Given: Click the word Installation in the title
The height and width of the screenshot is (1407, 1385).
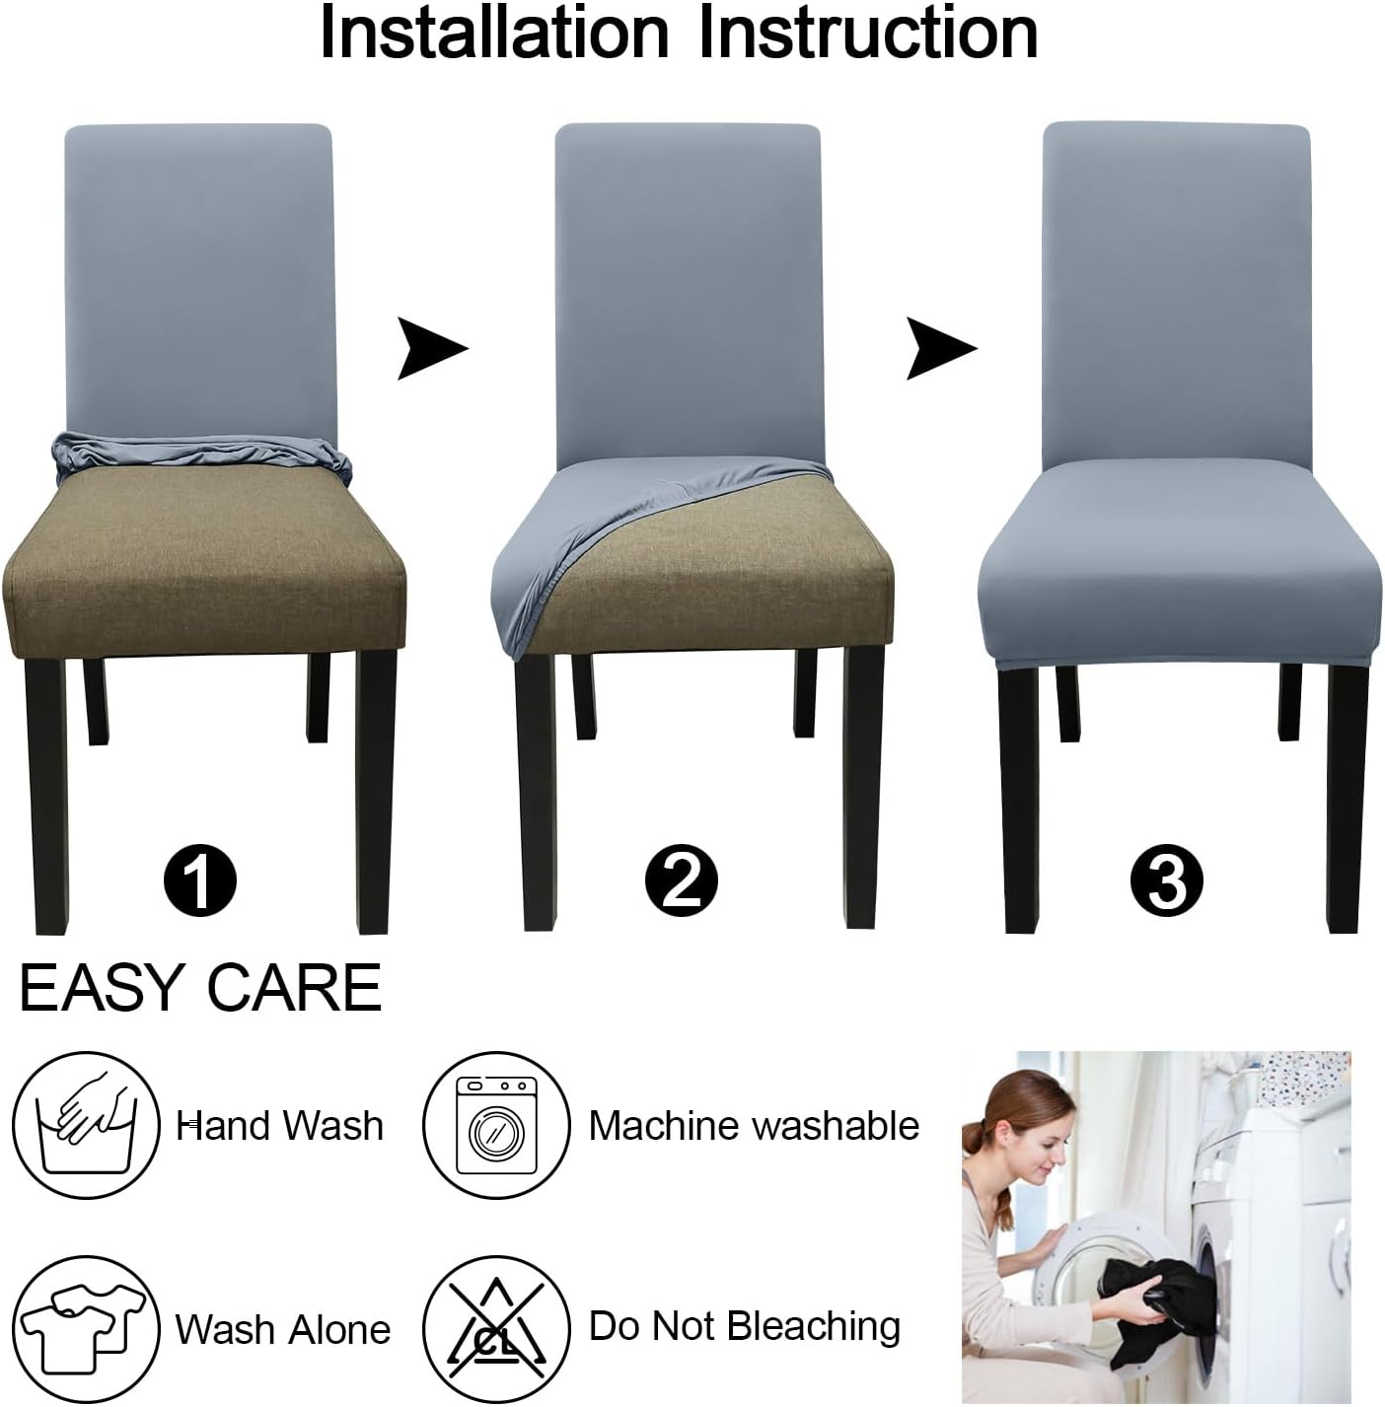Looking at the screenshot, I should point(494,34).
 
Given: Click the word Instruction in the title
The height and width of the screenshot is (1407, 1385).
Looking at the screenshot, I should point(868,34).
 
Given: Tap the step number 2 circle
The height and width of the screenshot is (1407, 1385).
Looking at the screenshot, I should point(681,878).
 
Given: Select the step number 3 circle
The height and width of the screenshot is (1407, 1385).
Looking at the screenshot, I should point(1167,878).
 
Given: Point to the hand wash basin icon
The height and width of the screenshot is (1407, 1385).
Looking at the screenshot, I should point(87,1125).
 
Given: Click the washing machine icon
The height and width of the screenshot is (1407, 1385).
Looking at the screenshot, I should point(496,1125).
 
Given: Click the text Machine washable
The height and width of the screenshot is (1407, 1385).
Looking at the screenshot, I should point(754,1125).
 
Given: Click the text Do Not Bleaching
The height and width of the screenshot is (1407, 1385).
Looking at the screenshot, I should point(745,1326).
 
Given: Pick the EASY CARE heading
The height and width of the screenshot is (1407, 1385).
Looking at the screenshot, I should point(200,988).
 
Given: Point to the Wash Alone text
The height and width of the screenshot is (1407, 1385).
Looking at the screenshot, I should point(283,1329).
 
